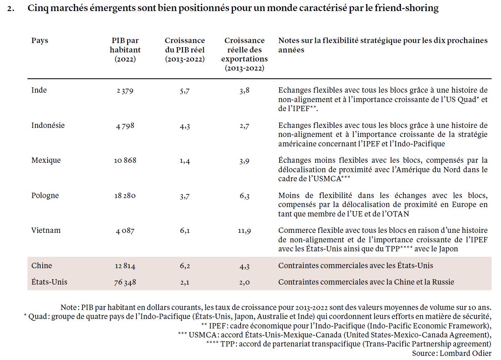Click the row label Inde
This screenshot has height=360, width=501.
39,90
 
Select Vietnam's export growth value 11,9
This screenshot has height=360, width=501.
244,231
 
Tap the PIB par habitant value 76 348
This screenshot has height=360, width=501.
125,282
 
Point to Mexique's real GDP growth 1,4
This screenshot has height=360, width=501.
185,161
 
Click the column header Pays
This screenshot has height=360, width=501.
40,41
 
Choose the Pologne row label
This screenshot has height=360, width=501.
45,196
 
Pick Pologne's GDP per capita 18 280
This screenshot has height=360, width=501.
125,196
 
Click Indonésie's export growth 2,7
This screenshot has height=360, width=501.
244,126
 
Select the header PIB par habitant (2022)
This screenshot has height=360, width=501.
125,50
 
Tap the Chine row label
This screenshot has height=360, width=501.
41,266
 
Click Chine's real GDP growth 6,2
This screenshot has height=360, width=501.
185,266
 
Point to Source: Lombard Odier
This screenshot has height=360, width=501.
452,353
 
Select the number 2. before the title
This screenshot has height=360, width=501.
11,9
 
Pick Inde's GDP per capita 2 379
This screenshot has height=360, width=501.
125,91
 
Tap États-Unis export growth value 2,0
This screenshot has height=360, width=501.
244,282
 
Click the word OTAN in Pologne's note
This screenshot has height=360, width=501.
398,214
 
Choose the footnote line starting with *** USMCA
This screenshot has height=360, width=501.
335,335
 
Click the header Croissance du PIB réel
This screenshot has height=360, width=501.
185,50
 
